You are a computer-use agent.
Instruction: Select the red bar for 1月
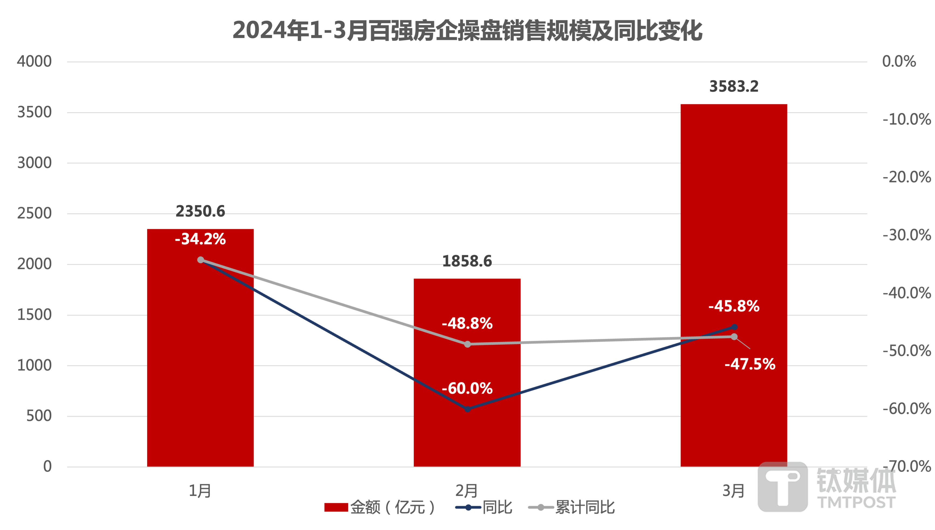(200, 364)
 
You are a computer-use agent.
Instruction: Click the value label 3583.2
(734, 87)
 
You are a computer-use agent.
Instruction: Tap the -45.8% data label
(734, 306)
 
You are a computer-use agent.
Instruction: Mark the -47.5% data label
(750, 364)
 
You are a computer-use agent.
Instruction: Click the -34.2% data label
(200, 239)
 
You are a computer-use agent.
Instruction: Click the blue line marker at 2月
(467, 409)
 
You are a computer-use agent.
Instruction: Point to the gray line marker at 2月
(467, 344)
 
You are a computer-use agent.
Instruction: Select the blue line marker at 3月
(734, 327)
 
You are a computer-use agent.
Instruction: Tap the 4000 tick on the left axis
(34, 61)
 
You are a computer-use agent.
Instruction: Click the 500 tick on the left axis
(39, 416)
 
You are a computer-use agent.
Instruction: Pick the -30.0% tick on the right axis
(906, 235)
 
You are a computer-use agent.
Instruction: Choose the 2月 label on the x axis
(466, 491)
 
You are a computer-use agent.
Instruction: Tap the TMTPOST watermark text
(856, 502)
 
